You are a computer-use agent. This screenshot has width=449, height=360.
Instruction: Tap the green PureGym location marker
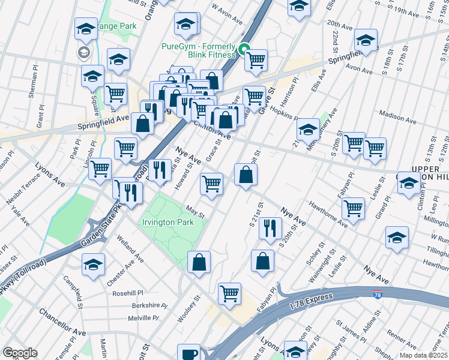pyautogui.click(x=244, y=50)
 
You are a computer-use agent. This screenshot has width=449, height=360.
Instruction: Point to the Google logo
pyautogui.click(x=20, y=353)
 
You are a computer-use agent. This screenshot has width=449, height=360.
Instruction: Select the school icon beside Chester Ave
pyautogui.click(x=94, y=263)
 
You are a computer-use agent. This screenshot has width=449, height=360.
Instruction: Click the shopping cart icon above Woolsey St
pyautogui.click(x=229, y=293)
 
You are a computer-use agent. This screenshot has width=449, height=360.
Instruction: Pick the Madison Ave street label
pyautogui.click(x=398, y=116)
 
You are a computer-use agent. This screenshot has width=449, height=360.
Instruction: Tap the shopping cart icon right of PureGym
pyautogui.click(x=256, y=59)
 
